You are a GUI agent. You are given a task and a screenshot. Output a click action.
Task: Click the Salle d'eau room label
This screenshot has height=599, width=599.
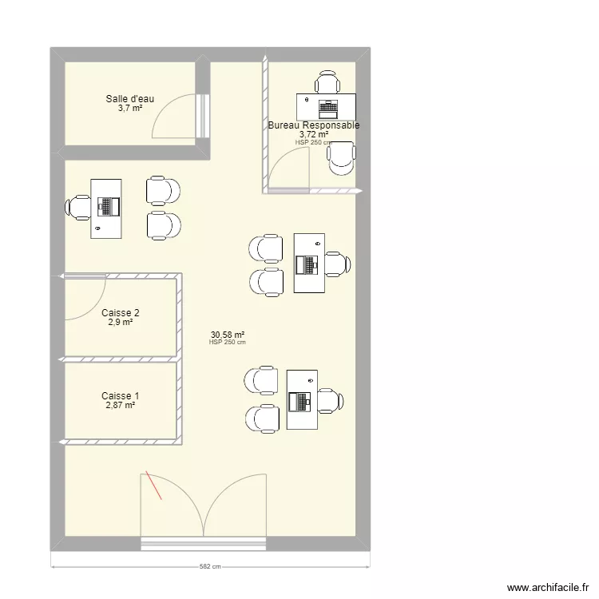pos(130,98)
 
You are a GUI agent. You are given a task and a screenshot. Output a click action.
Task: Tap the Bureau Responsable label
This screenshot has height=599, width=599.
pos(314,125)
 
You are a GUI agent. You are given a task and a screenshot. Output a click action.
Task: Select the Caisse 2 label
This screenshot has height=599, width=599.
pos(121,313)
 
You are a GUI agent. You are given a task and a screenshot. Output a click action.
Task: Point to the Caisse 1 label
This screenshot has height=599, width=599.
pos(121,396)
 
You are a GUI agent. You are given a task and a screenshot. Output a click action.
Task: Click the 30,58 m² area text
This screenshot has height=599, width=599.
pos(228,335)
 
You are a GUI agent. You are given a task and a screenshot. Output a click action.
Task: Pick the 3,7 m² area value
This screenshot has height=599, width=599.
pos(130,108)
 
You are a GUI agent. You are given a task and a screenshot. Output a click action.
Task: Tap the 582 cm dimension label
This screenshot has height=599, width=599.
pos(210,566)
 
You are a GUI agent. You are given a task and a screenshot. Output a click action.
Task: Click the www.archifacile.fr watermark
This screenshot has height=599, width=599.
pos(548,587)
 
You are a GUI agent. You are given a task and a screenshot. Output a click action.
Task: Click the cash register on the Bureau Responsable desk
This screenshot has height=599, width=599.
pos(328,109)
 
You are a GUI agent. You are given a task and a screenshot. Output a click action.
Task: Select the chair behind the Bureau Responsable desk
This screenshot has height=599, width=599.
pos(327,81)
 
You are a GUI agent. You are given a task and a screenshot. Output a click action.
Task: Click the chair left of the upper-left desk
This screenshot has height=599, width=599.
pos(78,208)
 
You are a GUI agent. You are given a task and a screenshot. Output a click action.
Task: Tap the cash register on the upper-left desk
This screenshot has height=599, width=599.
pos(109,207)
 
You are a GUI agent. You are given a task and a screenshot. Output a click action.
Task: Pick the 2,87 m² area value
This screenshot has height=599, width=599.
pos(121,405)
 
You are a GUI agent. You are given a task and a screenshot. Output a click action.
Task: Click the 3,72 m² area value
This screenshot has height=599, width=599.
pos(314,134)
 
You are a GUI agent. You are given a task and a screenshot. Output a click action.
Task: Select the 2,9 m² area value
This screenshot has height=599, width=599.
pos(121,322)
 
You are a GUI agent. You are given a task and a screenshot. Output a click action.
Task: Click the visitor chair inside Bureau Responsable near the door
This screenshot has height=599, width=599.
pos(342,159)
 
